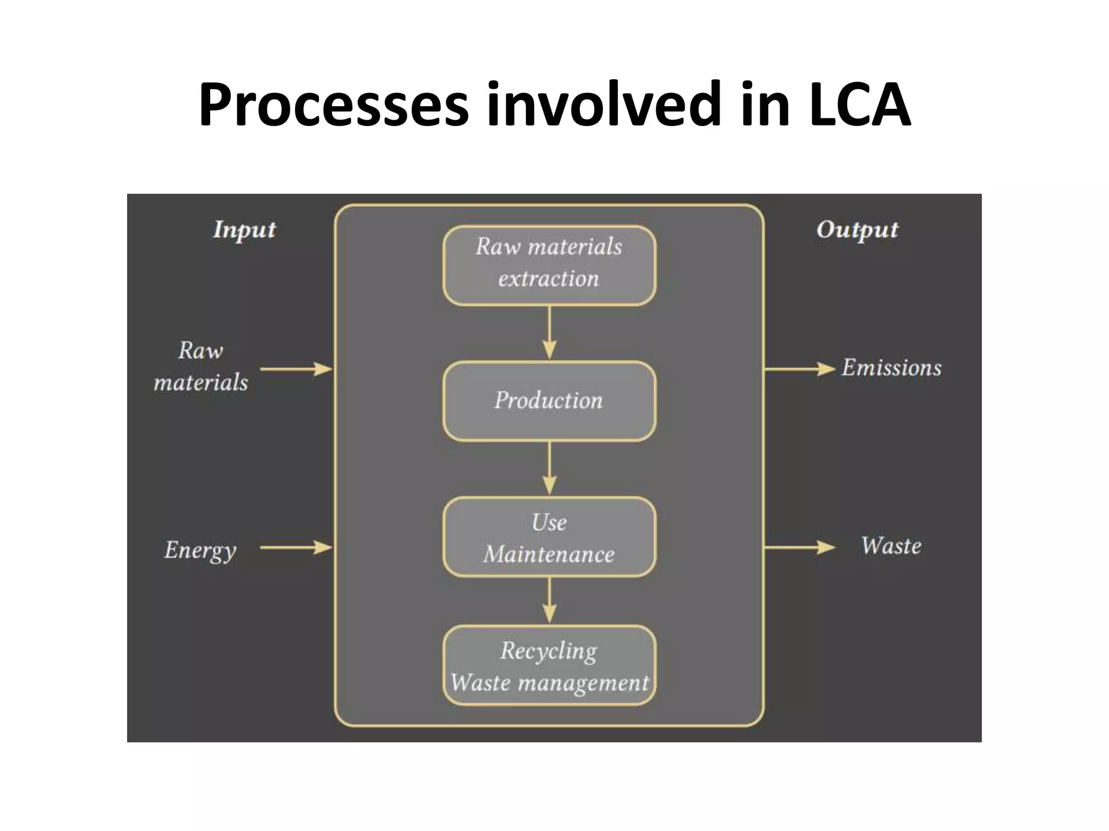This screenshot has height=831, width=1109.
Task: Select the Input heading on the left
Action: pos(244,229)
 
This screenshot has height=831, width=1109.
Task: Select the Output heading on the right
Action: pos(857,229)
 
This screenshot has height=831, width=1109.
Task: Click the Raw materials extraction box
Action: pos(549,265)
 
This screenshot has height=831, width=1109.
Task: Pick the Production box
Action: pos(549,401)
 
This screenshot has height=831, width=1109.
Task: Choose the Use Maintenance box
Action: pos(549,537)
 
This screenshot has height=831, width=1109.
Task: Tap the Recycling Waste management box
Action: pos(549,665)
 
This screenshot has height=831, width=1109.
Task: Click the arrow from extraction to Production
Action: pos(549,333)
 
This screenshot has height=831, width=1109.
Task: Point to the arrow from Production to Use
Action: pos(549,468)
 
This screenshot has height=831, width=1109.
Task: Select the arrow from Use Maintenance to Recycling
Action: pos(549,601)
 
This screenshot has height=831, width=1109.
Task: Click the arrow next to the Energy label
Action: pos(296,548)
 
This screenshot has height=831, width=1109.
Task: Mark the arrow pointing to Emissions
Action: pos(799,369)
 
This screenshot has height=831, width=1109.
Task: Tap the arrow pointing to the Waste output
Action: pos(799,548)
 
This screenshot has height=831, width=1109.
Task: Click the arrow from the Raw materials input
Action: pos(296,369)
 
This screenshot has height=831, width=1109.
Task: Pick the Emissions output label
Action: pos(891,368)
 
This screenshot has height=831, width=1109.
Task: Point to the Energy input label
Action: pos(200,550)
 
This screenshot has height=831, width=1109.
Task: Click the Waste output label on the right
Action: pos(891,546)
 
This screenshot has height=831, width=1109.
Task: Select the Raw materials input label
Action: pos(201,366)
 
